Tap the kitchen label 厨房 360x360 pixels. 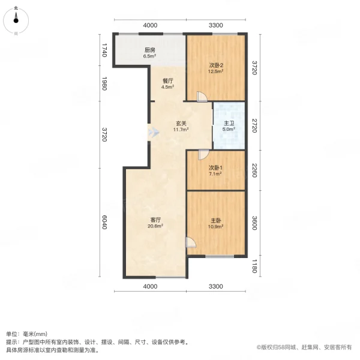(x=150, y=50)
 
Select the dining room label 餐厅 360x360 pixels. (x=167, y=80)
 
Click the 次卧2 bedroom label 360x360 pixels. (x=216, y=65)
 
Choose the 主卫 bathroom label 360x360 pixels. (x=229, y=124)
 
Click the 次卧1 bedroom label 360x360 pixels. (x=216, y=168)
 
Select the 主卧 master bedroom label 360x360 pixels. (x=216, y=220)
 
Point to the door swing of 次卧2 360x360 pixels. (x=203, y=96)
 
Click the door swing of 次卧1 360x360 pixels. (x=203, y=154)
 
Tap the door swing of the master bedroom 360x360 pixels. (x=190, y=242)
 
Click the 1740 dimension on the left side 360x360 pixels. (x=104, y=50)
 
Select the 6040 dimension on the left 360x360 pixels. (x=104, y=223)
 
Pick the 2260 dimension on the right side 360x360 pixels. (x=254, y=171)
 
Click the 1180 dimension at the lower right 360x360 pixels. (x=254, y=266)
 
